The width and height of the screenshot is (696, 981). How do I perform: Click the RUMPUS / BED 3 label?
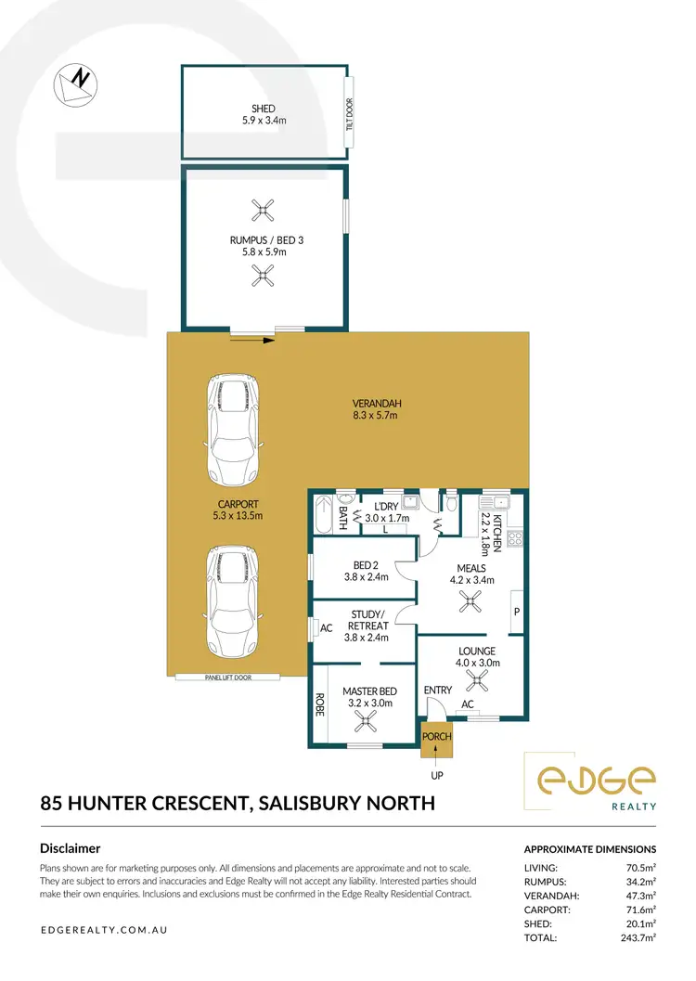pos(266,245)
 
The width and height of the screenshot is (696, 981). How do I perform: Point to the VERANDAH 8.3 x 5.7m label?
pos(374,409)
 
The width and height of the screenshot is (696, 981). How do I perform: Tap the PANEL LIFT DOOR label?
pos(227,678)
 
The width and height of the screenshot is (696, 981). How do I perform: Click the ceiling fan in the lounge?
pos(478,683)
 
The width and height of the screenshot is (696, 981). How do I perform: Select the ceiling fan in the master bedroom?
pos(370,724)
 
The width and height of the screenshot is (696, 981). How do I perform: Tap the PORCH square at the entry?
pos(436,738)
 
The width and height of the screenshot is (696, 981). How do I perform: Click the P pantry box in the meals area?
pos(516,613)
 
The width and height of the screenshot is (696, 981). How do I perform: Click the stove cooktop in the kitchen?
pos(517,537)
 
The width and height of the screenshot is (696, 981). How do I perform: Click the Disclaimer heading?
pos(71,848)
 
